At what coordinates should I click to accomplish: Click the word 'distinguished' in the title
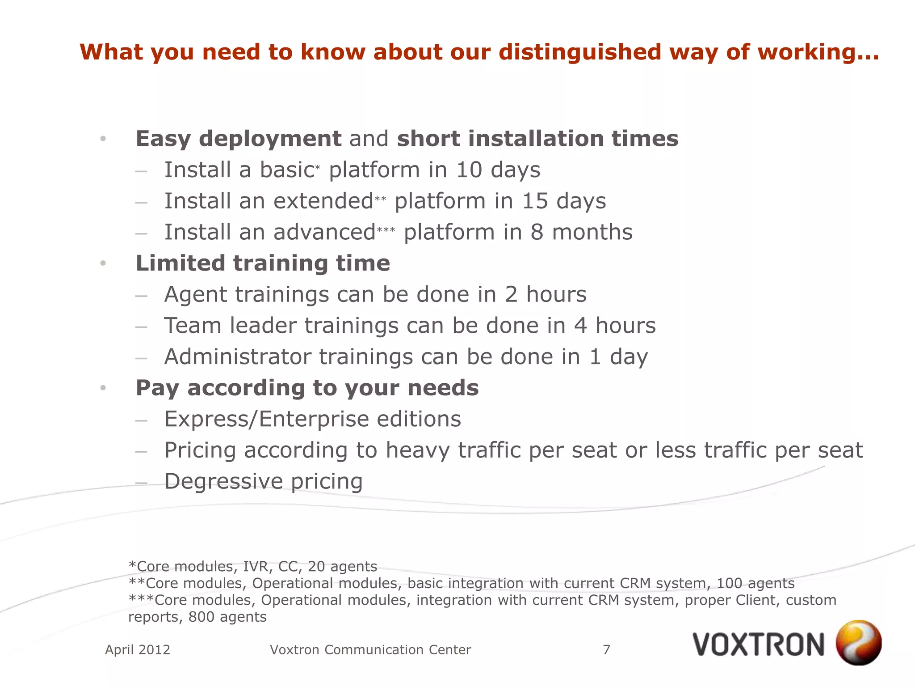579,52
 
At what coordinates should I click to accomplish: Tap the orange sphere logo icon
858,642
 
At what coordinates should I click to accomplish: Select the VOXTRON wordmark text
758,645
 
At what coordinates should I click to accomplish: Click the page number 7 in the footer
606,649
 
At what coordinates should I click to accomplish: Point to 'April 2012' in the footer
138,649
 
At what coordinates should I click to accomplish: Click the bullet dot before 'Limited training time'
103,263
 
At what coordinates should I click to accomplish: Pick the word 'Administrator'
238,357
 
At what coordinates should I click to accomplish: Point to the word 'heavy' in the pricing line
417,450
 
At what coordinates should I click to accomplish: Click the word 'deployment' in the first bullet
270,139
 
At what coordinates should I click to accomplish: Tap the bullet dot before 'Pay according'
103,388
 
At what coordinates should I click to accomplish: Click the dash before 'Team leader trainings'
141,327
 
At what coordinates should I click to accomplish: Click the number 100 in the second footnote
730,583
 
